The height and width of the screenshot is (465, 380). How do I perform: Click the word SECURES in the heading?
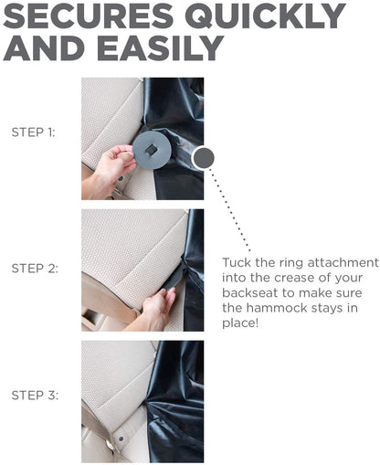(88, 16)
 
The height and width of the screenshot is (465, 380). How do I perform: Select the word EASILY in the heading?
(161, 48)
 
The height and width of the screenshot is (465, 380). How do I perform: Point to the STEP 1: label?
(34, 132)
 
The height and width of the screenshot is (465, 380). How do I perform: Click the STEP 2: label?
(35, 269)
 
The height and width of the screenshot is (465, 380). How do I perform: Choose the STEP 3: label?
(35, 396)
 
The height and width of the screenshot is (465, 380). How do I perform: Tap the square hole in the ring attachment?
(150, 150)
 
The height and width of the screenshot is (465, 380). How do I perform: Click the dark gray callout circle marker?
(204, 158)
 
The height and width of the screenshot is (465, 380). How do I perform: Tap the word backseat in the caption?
(250, 293)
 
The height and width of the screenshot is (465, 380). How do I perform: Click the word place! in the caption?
(240, 323)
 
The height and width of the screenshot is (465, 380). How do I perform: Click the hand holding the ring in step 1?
(111, 166)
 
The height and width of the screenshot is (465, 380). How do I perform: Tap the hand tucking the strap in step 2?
(158, 308)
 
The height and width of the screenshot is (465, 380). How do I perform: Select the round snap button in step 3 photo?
(121, 439)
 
